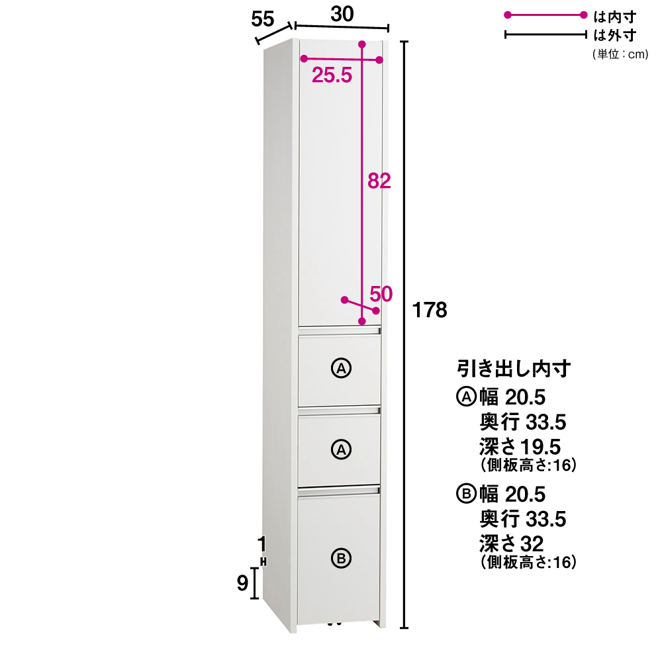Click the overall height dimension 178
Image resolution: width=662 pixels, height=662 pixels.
pos(430,310)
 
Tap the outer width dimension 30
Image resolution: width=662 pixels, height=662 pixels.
pos(342,14)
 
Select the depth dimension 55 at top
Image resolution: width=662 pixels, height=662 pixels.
pos(263,19)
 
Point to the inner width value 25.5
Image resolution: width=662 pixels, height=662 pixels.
pos(332,75)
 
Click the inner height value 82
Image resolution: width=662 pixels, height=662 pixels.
pos(379,181)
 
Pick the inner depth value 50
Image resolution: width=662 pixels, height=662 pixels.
pos(381,294)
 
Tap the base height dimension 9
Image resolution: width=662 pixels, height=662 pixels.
pos(242,583)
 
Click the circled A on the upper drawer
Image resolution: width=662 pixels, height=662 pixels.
pos(341,368)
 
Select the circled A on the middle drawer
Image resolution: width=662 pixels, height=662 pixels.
pos(341,449)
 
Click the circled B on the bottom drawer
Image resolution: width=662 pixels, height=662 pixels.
pos(341,559)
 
